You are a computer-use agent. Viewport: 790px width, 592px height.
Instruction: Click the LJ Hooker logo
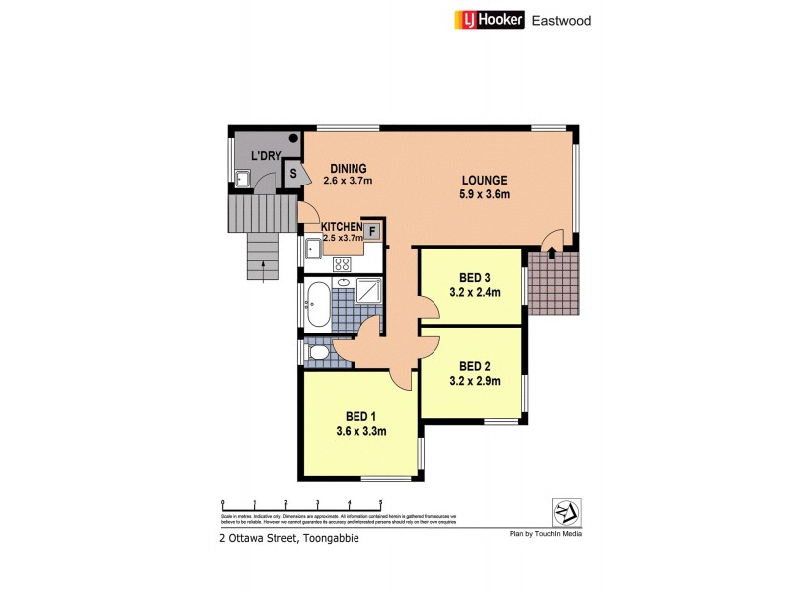[490, 19]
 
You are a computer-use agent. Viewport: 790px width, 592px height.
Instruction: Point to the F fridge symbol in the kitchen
[373, 232]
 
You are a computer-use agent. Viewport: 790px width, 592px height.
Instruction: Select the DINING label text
[350, 168]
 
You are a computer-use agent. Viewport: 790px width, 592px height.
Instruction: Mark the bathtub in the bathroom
[319, 304]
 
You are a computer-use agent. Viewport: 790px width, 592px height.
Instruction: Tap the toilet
[318, 352]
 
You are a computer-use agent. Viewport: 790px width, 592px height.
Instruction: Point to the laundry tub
[242, 179]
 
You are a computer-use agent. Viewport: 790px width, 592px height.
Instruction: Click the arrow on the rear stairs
[262, 263]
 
